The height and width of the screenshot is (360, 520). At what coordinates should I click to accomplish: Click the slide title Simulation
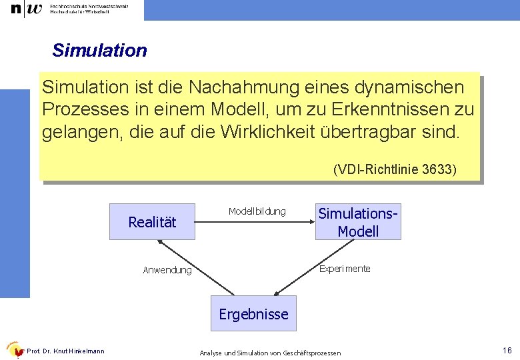[x=99, y=51]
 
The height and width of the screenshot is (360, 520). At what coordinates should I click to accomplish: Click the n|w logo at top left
[x=26, y=9]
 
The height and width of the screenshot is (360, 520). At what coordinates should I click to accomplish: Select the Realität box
[x=152, y=222]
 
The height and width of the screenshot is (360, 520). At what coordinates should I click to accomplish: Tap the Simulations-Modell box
[x=358, y=222]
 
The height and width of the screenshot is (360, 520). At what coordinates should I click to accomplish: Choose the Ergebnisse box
[x=253, y=314]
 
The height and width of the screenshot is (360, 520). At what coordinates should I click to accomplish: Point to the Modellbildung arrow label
[x=257, y=211]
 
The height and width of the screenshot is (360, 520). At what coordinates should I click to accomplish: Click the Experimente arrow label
[x=345, y=269]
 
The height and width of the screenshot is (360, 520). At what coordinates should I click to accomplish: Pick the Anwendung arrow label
[x=167, y=270]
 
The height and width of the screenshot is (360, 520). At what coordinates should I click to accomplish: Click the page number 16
[x=507, y=351]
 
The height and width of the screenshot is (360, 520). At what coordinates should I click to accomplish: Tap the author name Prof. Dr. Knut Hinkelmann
[x=65, y=351]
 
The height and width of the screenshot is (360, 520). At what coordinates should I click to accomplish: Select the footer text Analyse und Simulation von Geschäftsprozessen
[x=270, y=352]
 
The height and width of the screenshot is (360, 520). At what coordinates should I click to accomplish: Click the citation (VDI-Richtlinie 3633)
[x=395, y=170]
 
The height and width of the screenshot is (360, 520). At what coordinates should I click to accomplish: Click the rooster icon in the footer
[x=14, y=350]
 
